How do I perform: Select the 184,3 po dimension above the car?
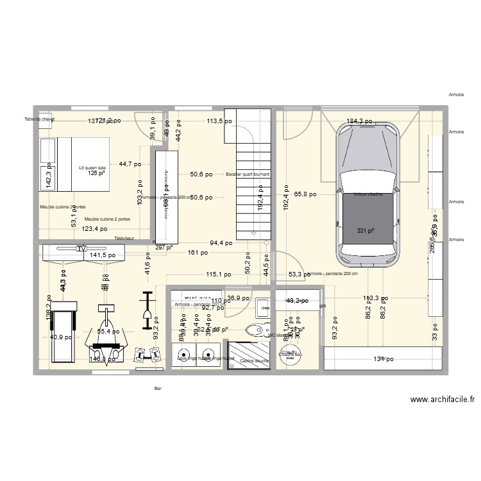click(x=359, y=121)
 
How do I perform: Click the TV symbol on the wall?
click(x=81, y=248)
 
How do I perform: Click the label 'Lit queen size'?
click(x=92, y=167)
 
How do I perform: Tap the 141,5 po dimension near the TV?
click(x=103, y=255)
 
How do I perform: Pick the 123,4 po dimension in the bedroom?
click(x=94, y=228)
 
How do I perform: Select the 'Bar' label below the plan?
click(x=158, y=388)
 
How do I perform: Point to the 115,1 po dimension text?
click(x=218, y=274)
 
